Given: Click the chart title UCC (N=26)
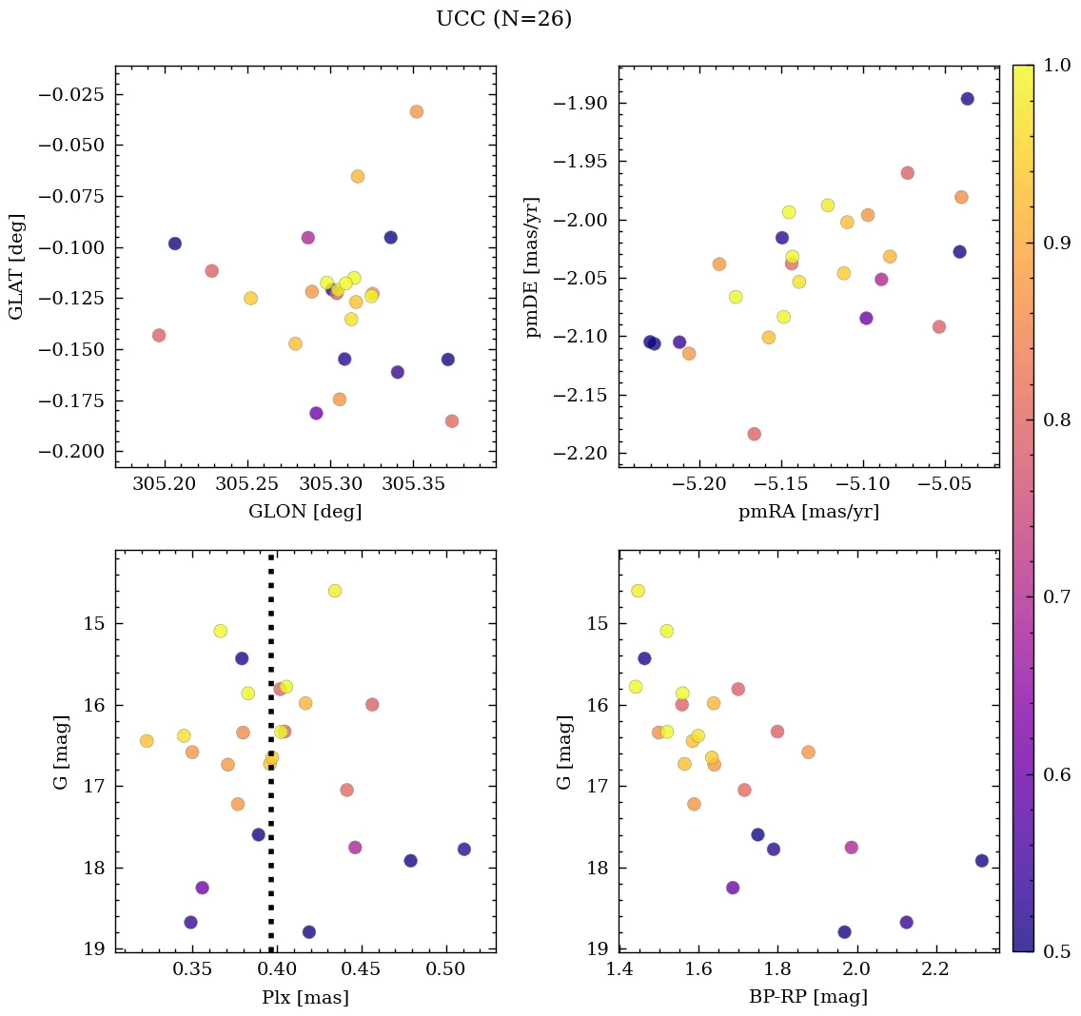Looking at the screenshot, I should (503, 19).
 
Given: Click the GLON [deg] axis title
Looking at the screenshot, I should (305, 512).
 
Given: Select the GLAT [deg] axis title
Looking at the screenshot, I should (16, 266).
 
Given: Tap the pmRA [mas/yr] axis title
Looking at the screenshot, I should (808, 512).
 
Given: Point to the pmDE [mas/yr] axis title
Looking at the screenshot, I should (533, 266).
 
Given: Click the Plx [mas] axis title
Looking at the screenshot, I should (305, 998).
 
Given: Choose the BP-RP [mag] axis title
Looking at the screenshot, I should (808, 998).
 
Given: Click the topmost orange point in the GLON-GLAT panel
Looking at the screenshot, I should (416, 111).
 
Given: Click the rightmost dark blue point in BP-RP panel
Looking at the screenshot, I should (981, 861).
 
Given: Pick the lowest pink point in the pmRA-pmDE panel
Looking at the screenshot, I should (754, 434).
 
